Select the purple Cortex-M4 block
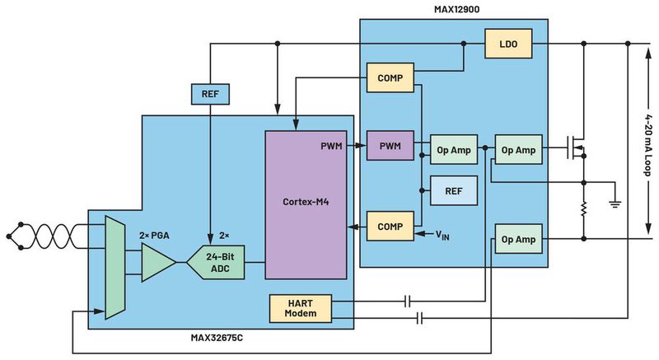tap(306, 202)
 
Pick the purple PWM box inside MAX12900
tap(390, 146)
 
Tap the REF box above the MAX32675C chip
tap(210, 95)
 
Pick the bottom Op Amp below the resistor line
tap(518, 239)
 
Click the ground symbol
tap(614, 200)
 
